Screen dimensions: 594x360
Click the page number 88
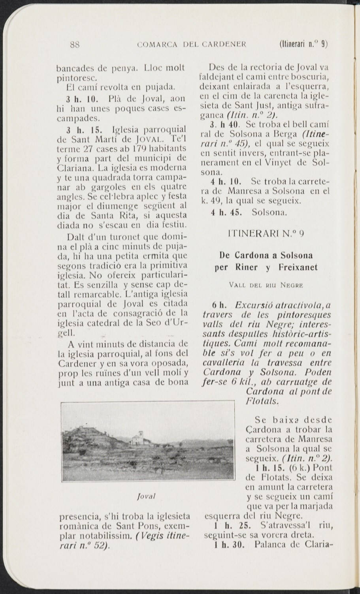click(75, 44)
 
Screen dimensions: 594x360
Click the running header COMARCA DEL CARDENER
click(191, 44)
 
